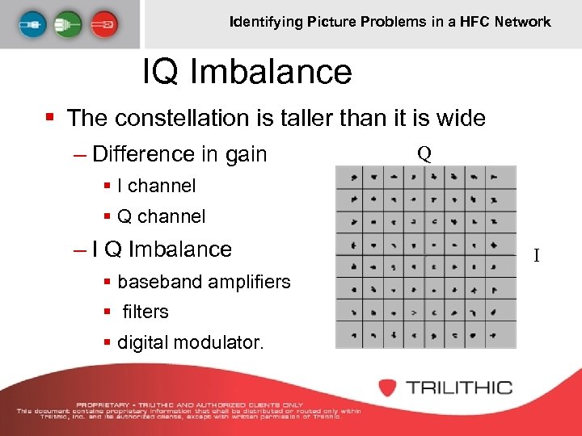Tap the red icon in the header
tap(103, 23)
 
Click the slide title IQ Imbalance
tap(247, 72)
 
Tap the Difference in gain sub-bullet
tap(179, 153)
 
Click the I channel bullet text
tap(156, 186)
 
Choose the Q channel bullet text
tap(161, 216)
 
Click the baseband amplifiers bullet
tap(204, 282)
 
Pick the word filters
tap(145, 312)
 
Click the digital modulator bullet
tap(190, 342)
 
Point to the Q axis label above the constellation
tap(424, 153)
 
